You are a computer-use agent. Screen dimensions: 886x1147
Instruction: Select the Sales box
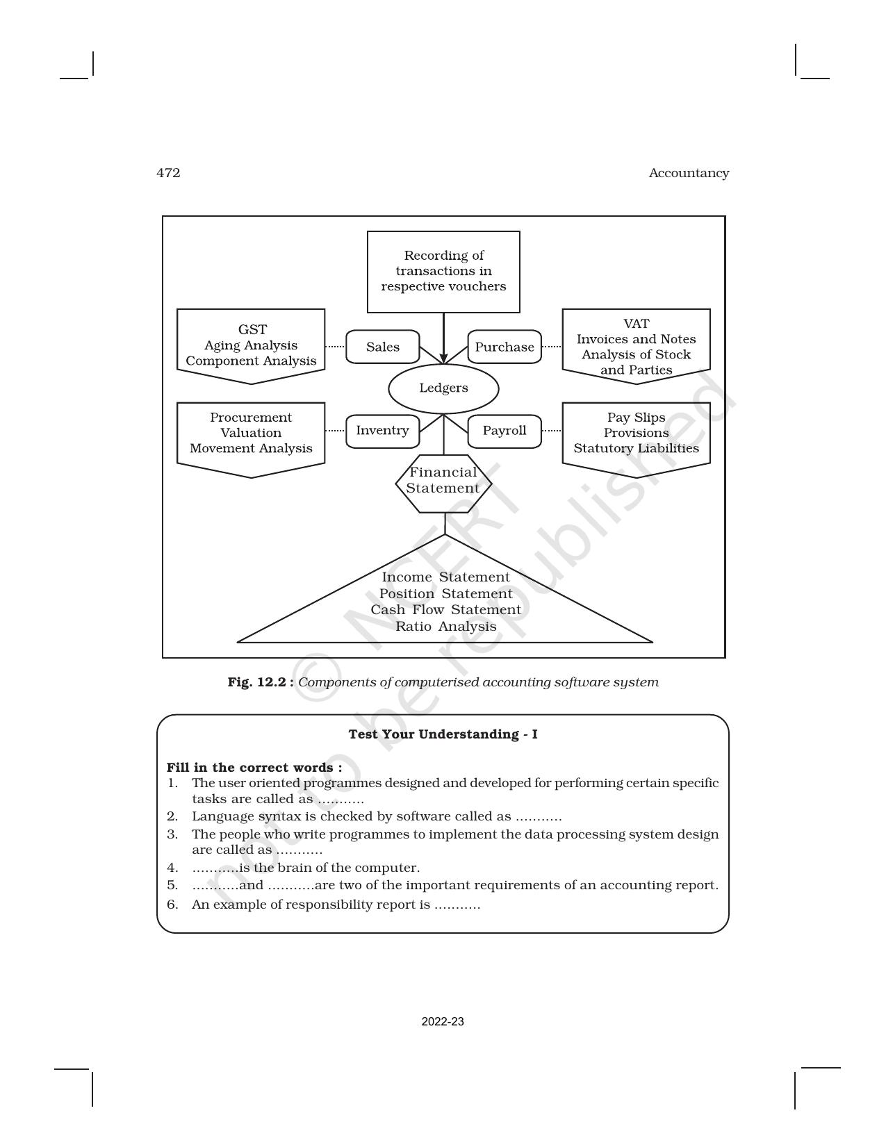click(x=383, y=347)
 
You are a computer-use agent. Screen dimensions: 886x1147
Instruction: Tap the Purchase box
click(x=504, y=347)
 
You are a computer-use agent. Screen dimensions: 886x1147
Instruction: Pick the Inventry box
click(x=383, y=431)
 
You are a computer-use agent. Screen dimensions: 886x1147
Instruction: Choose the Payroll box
click(x=504, y=431)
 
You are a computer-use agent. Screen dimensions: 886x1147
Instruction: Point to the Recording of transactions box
click(x=443, y=272)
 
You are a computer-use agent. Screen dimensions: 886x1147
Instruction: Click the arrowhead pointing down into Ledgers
click(x=443, y=358)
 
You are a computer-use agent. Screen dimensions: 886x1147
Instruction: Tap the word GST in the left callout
click(x=252, y=330)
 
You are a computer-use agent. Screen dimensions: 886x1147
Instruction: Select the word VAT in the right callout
click(x=637, y=324)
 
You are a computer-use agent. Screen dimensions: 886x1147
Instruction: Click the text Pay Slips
click(x=637, y=418)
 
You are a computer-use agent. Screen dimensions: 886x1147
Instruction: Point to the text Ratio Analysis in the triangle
click(x=446, y=627)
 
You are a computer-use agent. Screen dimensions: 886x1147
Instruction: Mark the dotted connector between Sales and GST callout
click(x=335, y=347)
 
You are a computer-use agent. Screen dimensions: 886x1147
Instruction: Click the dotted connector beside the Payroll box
click(x=552, y=431)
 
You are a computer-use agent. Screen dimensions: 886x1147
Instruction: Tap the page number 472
click(x=168, y=173)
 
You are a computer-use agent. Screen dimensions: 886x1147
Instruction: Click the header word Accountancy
click(x=689, y=173)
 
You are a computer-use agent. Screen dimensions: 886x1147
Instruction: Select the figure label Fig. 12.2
click(x=261, y=682)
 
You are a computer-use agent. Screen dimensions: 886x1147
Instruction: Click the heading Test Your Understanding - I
click(x=443, y=735)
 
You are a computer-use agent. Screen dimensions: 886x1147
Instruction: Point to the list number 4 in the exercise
click(x=172, y=868)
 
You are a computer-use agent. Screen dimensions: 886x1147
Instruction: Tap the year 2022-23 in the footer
click(x=443, y=1022)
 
